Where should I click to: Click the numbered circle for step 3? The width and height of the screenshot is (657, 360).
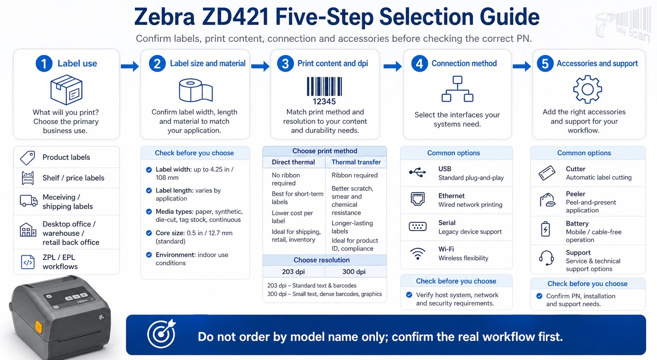[x=285, y=63]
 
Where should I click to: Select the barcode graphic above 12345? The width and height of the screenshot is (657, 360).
[x=324, y=86]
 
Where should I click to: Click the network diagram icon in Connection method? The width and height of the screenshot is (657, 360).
[x=457, y=89]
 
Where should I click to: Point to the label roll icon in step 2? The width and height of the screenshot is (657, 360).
[x=196, y=90]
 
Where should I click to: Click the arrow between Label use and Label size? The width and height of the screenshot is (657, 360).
[x=130, y=66]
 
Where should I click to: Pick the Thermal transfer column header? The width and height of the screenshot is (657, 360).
[x=356, y=162]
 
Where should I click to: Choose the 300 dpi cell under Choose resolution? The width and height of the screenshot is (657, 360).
[x=354, y=272]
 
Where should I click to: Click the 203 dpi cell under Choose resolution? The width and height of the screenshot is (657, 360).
[x=293, y=272]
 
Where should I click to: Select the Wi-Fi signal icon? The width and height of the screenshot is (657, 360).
[x=418, y=254]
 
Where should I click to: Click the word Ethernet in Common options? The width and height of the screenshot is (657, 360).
[x=451, y=196]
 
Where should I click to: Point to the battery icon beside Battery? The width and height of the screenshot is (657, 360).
[x=546, y=229]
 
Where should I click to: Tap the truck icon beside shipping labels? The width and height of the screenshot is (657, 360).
[x=28, y=201]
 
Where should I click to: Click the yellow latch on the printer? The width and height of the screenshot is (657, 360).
[x=38, y=327]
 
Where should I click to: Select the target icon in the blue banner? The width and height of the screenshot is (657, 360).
[x=161, y=334]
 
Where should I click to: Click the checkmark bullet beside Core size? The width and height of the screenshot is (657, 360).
[x=149, y=233]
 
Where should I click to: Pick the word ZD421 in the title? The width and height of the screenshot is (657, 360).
[x=235, y=17]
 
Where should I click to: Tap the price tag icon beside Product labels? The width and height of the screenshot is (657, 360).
[x=28, y=157]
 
